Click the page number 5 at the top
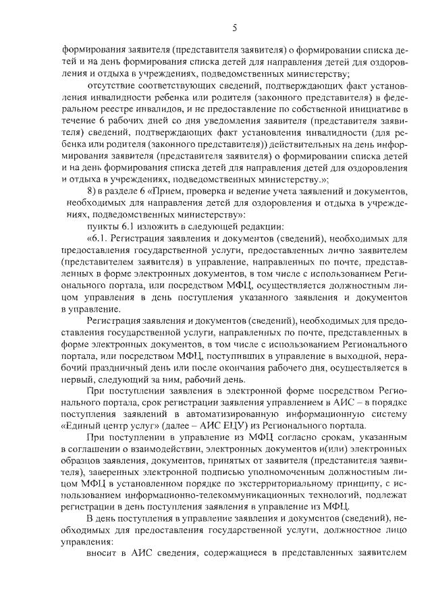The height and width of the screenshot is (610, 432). click(234, 28)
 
